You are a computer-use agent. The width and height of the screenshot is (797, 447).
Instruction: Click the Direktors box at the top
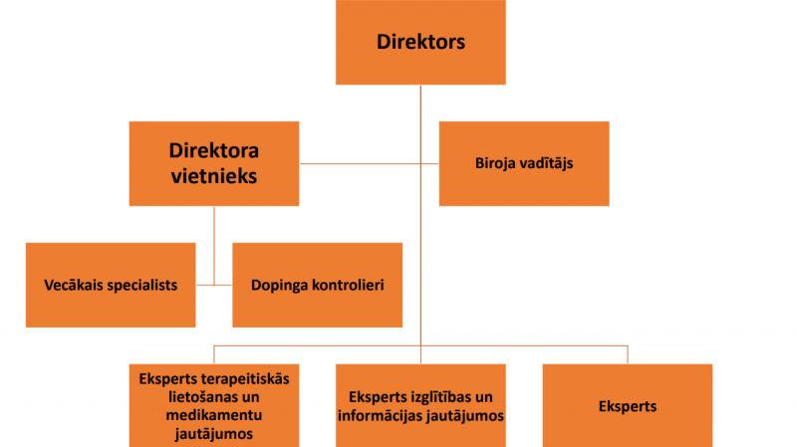pos(421,43)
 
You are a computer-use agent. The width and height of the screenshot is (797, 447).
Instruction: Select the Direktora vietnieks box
pos(214,163)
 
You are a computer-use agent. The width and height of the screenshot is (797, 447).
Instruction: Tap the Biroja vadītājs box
pos(524,163)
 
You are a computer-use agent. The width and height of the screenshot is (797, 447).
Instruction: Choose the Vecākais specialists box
pos(112,285)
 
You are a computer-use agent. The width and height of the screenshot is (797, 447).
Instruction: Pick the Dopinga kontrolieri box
pos(318,285)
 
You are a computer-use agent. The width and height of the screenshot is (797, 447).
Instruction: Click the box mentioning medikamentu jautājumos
pos(214,405)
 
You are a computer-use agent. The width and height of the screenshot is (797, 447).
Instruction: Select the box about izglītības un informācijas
pos(420,405)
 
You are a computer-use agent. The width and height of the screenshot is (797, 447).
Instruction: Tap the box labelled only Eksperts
pos(628,405)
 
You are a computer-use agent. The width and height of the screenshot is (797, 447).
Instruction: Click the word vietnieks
pos(214,175)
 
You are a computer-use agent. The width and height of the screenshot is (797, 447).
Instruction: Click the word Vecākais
pos(77,285)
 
